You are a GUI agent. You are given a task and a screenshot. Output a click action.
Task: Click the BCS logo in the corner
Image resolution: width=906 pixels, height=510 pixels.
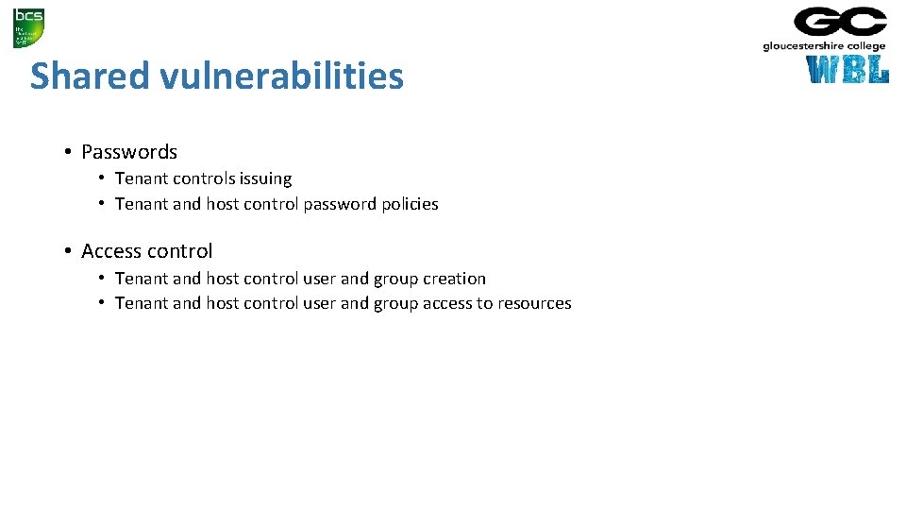(28, 27)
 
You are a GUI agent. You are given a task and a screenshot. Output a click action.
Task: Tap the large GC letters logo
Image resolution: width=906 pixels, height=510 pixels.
(840, 22)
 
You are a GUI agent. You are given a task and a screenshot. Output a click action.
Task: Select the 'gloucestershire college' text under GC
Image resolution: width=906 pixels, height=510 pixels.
(824, 46)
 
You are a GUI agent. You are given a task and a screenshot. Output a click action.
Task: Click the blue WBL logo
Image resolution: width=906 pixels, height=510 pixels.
(847, 70)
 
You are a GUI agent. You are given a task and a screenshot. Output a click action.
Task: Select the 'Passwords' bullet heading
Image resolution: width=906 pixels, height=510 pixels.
(129, 152)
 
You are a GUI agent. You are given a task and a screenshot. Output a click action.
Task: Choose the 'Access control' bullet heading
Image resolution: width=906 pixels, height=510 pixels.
(147, 251)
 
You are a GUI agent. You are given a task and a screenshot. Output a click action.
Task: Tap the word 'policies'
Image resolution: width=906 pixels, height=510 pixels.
(410, 204)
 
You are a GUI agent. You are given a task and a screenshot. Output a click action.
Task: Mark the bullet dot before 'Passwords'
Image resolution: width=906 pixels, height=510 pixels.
(69, 152)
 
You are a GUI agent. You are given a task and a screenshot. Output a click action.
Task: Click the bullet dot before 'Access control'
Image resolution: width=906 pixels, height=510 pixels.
(69, 251)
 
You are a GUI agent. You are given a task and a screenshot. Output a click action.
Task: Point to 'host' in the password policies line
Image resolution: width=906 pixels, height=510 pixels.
(222, 204)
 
